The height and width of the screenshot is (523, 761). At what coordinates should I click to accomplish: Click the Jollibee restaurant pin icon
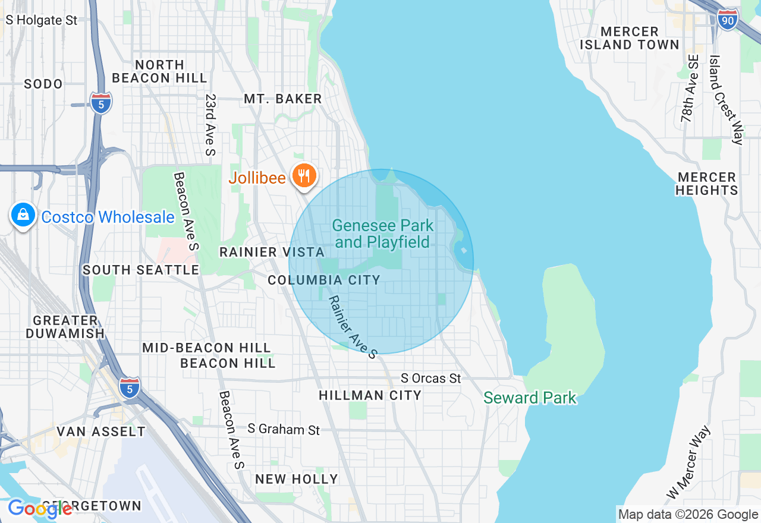[304, 176]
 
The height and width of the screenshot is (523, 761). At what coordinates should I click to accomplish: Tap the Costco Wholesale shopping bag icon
[23, 215]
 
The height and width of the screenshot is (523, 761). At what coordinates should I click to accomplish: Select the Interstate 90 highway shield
[728, 20]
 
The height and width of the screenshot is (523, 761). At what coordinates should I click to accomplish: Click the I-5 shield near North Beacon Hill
[101, 103]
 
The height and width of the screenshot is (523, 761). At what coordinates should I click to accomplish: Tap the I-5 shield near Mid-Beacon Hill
[130, 387]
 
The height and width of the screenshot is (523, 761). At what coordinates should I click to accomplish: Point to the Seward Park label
[530, 398]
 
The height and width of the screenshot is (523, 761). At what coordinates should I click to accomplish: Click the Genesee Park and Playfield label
[382, 234]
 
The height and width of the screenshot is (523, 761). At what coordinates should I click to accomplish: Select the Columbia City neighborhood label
[324, 280]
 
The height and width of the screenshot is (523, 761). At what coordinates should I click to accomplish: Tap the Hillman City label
[370, 395]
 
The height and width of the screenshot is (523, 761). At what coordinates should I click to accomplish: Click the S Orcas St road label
[431, 378]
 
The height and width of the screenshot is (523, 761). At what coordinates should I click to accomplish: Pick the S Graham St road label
[284, 429]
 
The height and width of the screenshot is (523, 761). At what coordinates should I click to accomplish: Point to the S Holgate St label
[42, 20]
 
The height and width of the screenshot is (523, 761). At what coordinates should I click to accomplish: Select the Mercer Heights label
[707, 184]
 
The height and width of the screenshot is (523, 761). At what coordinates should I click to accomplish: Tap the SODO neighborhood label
[43, 84]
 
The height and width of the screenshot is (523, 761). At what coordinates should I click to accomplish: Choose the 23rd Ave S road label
[209, 124]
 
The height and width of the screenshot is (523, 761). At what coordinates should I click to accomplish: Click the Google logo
[39, 509]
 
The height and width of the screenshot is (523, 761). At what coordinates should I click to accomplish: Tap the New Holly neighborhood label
[296, 479]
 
